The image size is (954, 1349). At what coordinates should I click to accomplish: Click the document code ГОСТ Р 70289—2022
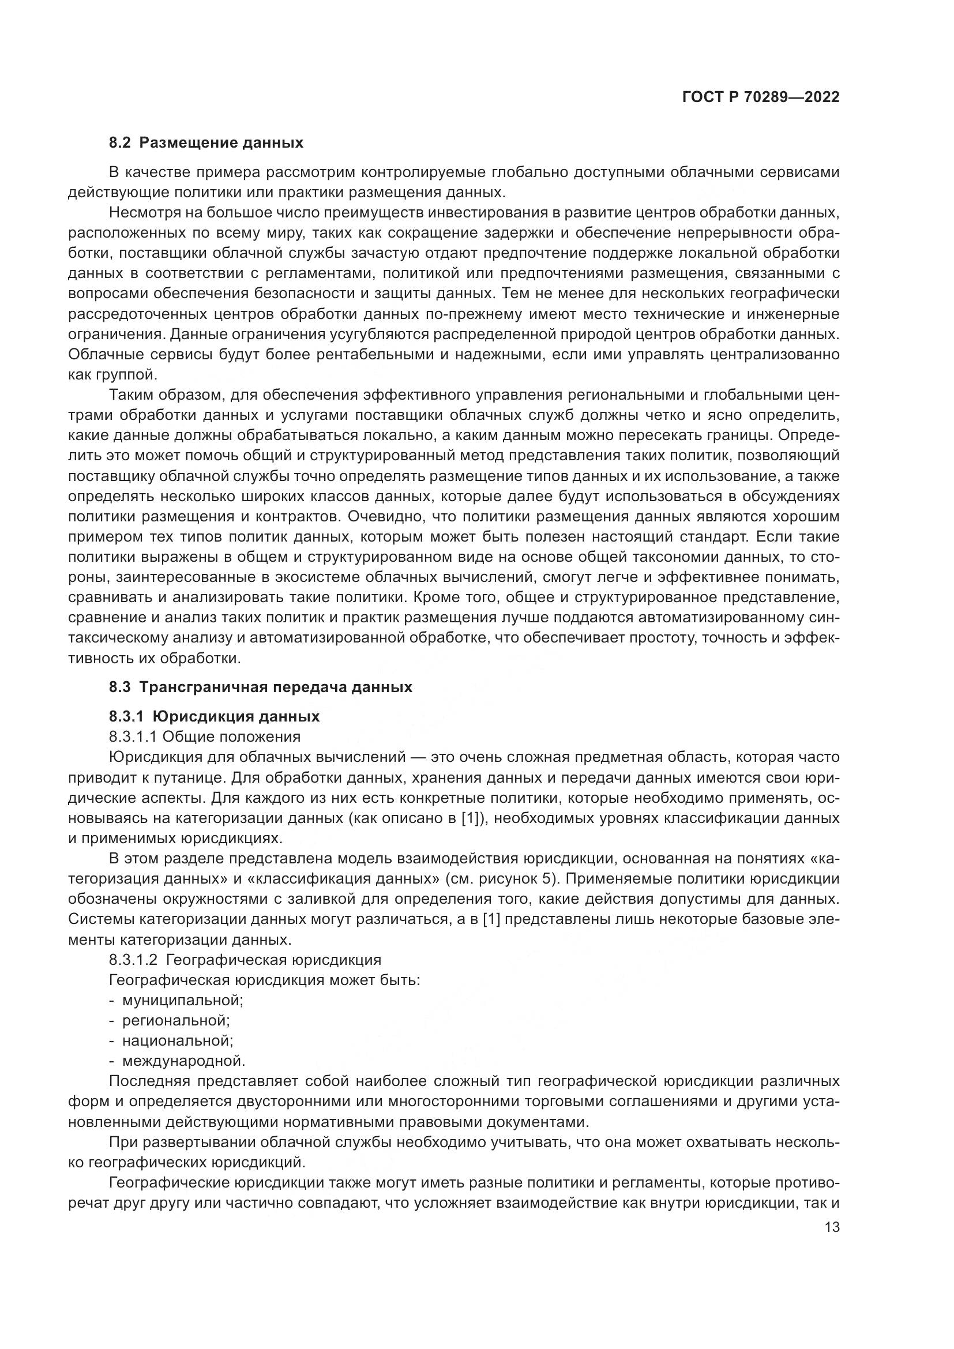point(760,97)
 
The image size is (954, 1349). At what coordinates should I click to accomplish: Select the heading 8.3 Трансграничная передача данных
point(261,687)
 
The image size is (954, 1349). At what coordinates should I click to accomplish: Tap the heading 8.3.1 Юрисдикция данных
point(215,716)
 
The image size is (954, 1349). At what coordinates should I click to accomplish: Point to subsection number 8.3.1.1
point(133,736)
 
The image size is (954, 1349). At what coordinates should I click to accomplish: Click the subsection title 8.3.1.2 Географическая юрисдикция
point(245,960)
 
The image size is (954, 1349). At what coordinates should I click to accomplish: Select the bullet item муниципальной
point(182,1000)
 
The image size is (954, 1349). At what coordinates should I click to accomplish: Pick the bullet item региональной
point(176,1021)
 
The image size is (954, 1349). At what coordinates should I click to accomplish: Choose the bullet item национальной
point(178,1040)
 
